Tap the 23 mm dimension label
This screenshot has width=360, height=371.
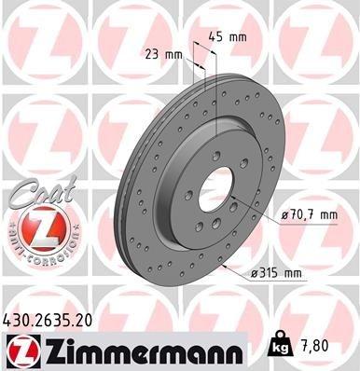coord(164,54)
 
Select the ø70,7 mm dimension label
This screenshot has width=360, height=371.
coord(308,215)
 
